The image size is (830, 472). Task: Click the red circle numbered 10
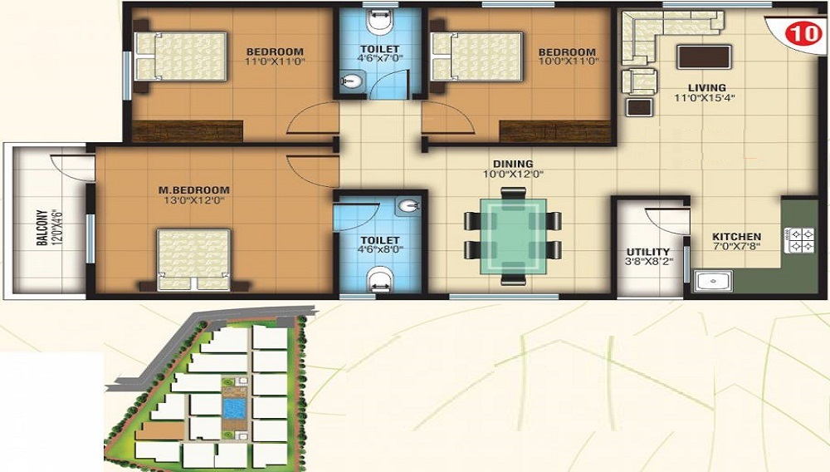803,33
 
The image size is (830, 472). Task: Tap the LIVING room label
706,87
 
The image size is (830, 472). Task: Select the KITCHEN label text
736,236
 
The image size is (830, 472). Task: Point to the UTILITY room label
648,251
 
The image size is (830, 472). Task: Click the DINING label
513,164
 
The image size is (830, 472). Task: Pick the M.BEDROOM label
194,189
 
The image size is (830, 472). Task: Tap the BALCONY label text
42,228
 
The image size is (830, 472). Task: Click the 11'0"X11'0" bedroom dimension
276,61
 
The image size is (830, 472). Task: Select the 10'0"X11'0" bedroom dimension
568,61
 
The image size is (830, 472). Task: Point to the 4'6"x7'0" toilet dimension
380,57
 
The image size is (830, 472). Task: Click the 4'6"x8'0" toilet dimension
380,249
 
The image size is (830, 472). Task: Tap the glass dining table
513,236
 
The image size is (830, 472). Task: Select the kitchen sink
714,281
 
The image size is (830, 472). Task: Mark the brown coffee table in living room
704,57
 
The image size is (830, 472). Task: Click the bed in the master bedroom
193,259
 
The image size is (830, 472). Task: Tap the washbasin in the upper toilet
350,81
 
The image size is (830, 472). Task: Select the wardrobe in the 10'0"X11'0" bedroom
554,131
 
